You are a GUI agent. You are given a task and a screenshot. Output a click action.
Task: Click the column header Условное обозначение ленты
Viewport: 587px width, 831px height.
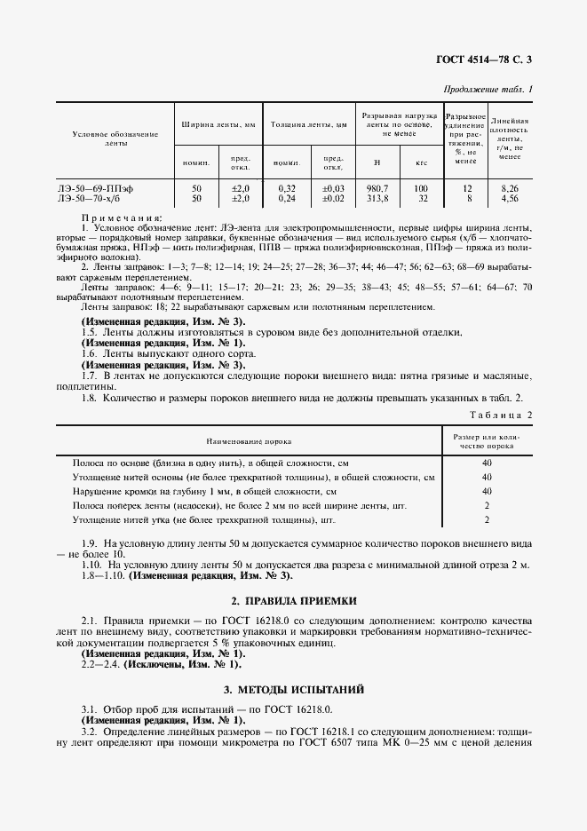(115, 138)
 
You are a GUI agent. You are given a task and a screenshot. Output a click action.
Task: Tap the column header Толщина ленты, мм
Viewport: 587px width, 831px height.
(308, 126)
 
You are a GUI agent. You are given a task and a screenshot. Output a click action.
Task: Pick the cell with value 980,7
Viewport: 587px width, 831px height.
(377, 189)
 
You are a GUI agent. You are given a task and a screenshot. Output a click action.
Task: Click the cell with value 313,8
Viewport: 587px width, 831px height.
(377, 199)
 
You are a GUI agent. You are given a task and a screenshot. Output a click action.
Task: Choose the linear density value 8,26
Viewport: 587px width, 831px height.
(509, 189)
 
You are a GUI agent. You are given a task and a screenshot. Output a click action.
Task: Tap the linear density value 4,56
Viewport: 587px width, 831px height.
(509, 199)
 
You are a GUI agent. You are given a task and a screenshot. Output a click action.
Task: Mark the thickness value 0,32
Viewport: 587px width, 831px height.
(286, 189)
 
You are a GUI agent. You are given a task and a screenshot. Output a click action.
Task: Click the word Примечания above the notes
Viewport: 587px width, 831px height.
(122, 218)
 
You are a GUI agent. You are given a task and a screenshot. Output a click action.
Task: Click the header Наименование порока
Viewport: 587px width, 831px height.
(250, 440)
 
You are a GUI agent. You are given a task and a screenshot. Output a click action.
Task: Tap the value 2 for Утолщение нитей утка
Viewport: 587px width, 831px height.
(487, 519)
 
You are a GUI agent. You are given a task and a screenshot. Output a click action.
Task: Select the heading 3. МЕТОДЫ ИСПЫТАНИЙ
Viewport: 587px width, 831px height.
(293, 690)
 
